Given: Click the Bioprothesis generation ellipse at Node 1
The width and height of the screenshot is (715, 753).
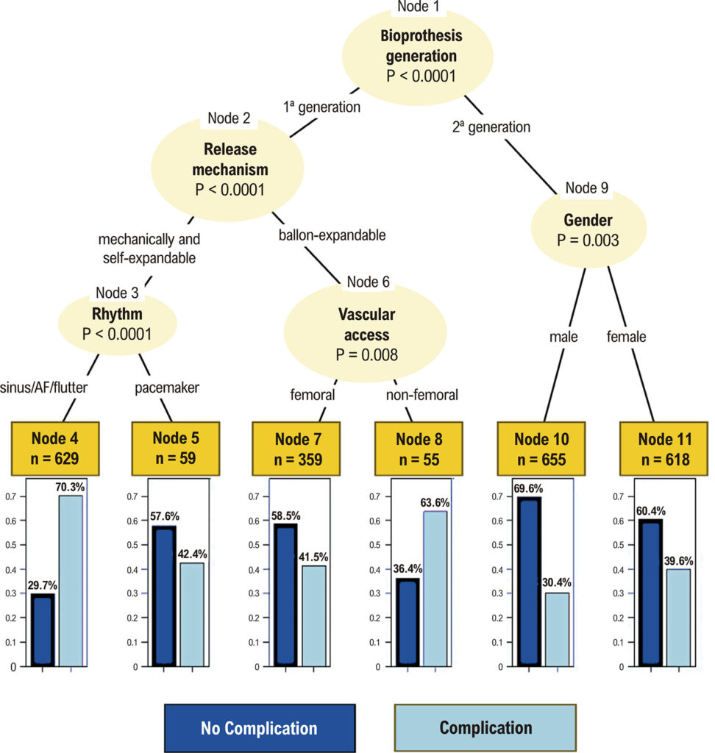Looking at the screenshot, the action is tap(418, 56).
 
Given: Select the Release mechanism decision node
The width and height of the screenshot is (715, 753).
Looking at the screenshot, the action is tap(227, 169).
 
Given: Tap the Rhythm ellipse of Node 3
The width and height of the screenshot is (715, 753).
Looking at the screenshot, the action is tap(118, 324).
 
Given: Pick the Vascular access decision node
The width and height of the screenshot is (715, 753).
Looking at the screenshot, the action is tap(365, 332).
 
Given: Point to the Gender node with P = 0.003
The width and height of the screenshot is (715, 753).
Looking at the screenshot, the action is tap(588, 229).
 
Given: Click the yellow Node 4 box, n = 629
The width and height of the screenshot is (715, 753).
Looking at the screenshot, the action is tap(55, 449).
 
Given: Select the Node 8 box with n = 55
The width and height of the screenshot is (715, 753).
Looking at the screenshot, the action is tap(419, 449).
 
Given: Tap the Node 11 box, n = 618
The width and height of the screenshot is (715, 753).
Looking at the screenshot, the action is tap(664, 449).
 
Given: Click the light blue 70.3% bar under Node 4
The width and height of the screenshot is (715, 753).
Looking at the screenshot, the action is tap(71, 581).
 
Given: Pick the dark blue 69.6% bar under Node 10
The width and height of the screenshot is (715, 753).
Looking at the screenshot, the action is tap(529, 582).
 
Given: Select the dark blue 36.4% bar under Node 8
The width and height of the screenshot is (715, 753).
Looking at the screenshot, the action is tap(408, 622).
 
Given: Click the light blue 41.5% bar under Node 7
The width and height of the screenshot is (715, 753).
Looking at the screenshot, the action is tap(314, 615).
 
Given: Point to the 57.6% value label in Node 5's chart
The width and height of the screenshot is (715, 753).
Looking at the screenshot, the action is tap(165, 516).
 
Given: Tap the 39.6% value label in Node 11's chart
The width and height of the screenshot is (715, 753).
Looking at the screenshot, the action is tap(678, 561).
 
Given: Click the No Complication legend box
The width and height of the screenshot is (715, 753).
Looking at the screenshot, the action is tap(260, 728).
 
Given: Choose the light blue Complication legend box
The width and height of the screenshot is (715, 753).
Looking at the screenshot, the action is tap(485, 728).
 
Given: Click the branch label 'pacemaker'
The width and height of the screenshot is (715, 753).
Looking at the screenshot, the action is tap(167, 388).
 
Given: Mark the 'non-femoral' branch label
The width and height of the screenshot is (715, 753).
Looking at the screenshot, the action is tap(422, 395).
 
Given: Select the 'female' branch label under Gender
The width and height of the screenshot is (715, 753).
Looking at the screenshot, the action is tap(626, 337).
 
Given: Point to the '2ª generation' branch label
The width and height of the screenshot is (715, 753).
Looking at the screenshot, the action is tap(491, 126).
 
